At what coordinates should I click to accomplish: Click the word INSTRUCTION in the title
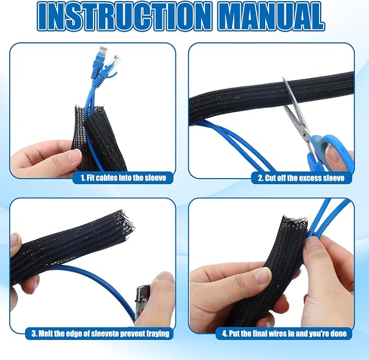tap(123, 16)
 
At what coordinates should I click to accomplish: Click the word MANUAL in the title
tap(272, 16)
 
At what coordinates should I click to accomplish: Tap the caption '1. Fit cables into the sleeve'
tap(123, 178)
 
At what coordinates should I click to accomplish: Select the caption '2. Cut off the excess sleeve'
tap(301, 178)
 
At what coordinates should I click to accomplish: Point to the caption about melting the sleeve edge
tap(100, 333)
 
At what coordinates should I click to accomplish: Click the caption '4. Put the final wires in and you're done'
tap(284, 333)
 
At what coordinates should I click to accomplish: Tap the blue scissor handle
tap(329, 151)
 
